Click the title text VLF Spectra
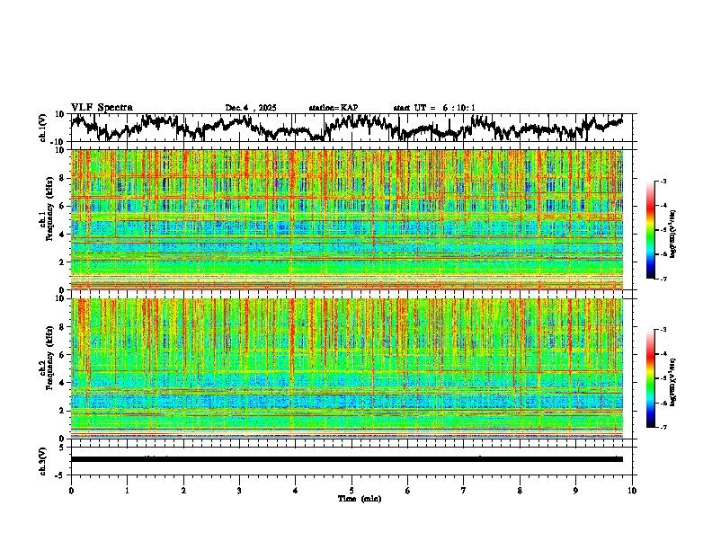tap(102, 107)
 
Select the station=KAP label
tap(334, 108)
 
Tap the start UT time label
tap(434, 108)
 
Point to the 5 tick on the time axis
tap(352, 491)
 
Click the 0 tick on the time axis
tap(71, 491)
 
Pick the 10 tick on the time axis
tap(632, 491)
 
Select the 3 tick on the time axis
tap(239, 491)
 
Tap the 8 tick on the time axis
tap(520, 491)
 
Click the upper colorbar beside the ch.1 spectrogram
tap(658, 230)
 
